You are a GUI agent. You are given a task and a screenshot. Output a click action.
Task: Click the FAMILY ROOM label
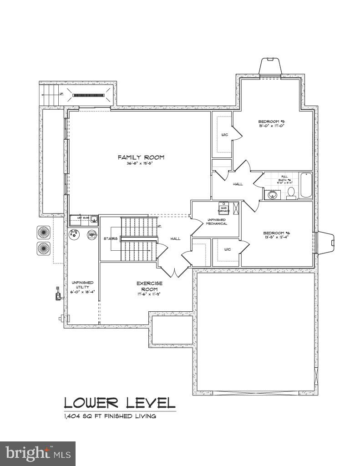tap(141, 157)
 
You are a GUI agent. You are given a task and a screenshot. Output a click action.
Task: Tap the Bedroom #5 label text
tap(271, 122)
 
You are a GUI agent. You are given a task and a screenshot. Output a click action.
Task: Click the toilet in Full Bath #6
tap(291, 193)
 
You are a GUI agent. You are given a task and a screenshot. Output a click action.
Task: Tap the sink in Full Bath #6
tap(272, 195)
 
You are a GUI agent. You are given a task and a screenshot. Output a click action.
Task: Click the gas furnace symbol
tap(223, 208)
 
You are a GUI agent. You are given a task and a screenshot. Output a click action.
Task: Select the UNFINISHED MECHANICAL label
tap(217, 222)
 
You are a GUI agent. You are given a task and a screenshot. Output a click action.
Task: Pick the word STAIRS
tap(111, 238)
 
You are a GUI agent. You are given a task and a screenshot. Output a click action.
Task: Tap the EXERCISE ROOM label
tap(149, 286)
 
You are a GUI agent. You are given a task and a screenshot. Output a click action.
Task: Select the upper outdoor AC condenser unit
tap(44, 232)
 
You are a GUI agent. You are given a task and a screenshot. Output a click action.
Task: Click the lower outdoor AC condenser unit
tap(44, 248)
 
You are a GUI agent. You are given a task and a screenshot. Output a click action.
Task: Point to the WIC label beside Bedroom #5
tap(224, 135)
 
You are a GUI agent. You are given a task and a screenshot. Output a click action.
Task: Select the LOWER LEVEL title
tap(119, 403)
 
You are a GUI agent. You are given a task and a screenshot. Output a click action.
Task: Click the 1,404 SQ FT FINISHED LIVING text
tap(110, 416)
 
